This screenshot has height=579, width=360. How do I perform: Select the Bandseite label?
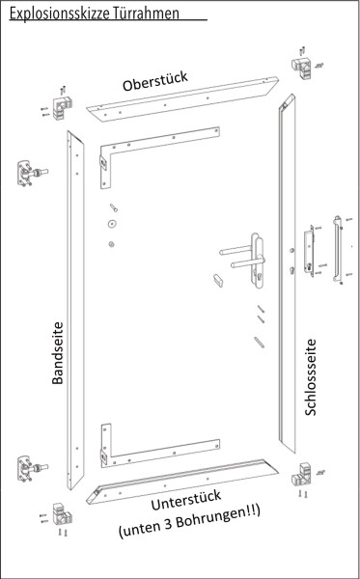coord(57,353)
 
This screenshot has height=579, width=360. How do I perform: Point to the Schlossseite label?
coord(311,376)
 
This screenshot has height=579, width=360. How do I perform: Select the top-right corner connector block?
coord(299,68)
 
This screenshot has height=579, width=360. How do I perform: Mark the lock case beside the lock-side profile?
coord(308,249)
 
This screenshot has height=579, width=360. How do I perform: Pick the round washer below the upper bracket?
coord(113,241)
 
